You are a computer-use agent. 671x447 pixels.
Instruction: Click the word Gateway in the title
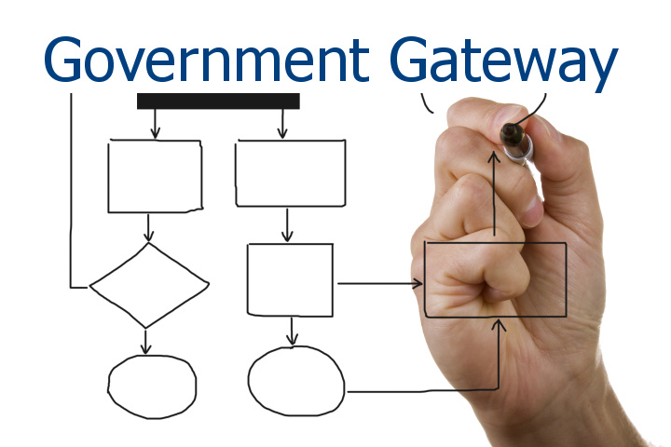[x=503, y=61]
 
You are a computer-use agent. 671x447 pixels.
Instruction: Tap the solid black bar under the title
[x=218, y=101]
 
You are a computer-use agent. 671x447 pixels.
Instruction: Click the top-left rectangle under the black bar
[x=155, y=176]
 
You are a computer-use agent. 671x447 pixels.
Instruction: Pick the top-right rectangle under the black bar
[x=291, y=173]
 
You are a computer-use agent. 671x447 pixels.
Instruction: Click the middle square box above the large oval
[x=290, y=278]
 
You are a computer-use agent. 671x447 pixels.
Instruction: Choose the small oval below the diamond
[x=152, y=386]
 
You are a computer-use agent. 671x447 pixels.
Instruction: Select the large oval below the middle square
[x=295, y=382]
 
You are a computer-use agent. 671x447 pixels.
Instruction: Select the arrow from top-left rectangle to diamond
[x=149, y=228]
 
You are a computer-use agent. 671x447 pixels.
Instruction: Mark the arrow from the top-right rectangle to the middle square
[x=288, y=224]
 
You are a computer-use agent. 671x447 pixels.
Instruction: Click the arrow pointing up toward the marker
[x=495, y=200]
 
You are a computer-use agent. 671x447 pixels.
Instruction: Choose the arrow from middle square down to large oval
[x=293, y=331]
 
